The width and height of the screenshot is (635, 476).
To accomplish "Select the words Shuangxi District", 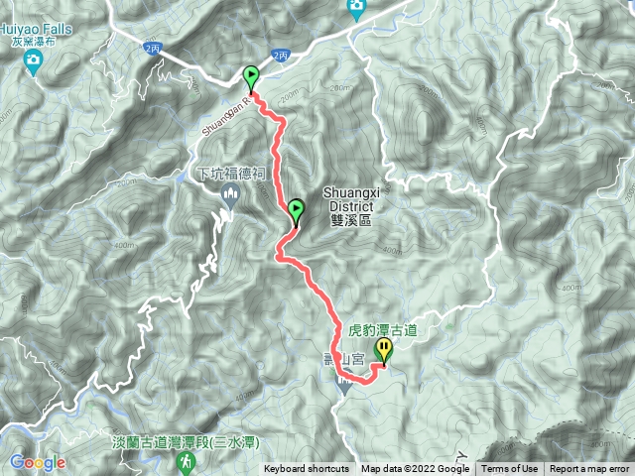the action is tap(347, 197).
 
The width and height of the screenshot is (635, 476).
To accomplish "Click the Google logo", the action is tap(38, 462).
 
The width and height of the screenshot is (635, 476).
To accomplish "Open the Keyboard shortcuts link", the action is tap(306, 469).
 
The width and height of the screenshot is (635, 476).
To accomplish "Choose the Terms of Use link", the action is tap(510, 469).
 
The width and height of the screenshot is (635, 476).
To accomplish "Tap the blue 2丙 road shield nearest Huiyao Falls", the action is tap(151, 48).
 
